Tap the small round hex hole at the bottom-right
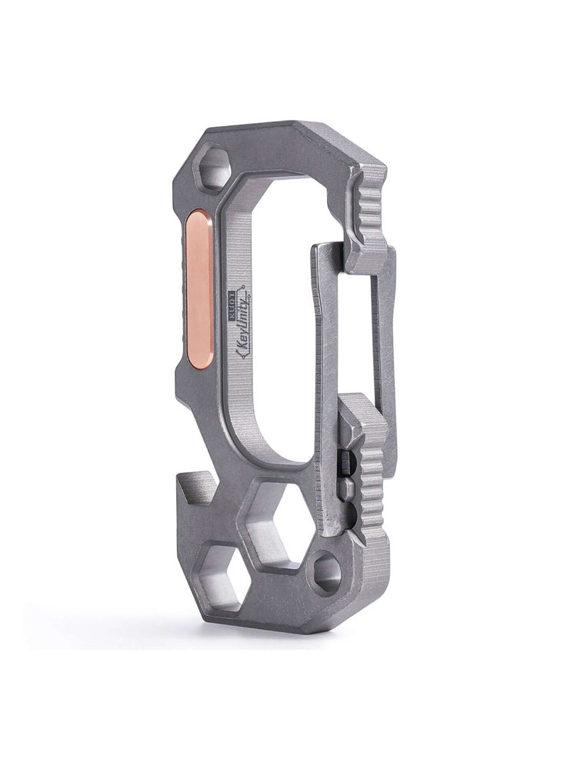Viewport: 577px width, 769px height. (x=327, y=574)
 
